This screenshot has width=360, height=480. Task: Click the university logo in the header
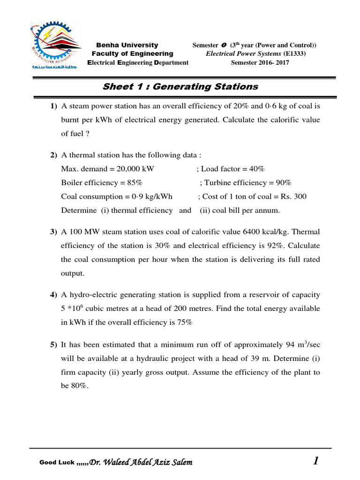(55, 46)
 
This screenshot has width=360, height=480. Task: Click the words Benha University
(127, 45)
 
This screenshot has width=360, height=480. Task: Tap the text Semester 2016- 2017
(260, 63)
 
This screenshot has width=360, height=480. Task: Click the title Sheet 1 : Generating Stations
(180, 86)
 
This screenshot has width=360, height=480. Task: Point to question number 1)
(53, 107)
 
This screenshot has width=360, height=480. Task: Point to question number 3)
(53, 232)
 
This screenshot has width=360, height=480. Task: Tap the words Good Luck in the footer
(57, 463)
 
